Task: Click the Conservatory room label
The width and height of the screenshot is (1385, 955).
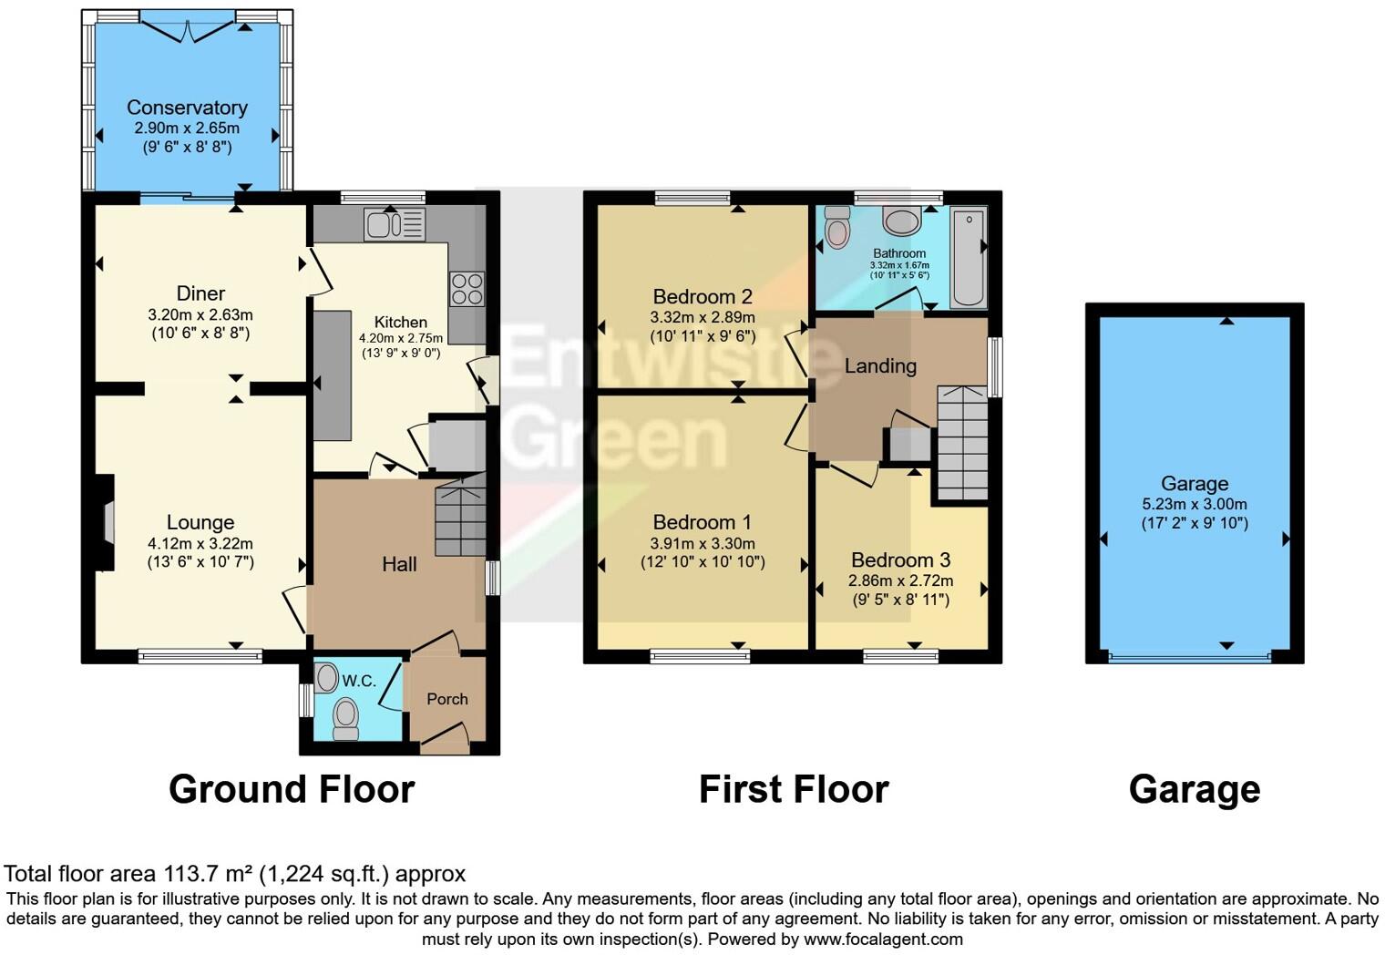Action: coord(187,108)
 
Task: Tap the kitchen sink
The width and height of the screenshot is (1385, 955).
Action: coord(395,224)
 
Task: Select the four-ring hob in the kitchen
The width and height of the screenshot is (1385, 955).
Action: coord(467,289)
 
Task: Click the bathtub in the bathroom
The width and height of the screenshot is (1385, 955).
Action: coord(968,257)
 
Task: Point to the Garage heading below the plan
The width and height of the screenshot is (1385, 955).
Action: coord(1194,789)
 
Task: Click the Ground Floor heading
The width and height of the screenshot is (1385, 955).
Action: coord(292,789)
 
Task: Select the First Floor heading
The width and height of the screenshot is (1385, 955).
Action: coord(793,789)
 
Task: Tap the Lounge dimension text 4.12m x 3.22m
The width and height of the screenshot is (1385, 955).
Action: coord(200,544)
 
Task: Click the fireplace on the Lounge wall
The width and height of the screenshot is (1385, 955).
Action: coord(108,523)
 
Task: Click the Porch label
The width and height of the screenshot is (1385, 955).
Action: coord(447,699)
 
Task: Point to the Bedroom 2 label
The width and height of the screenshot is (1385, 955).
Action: coord(702,297)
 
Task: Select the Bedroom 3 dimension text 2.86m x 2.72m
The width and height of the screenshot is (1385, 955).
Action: coord(900,580)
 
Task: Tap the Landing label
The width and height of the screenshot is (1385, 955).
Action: coord(880,366)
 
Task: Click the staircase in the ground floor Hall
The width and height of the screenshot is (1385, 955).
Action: coord(460,519)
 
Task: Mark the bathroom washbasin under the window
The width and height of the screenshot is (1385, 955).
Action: coord(902,221)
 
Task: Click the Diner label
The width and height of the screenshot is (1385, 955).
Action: coord(200,293)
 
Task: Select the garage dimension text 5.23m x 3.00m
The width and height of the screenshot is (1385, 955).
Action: coord(1194,504)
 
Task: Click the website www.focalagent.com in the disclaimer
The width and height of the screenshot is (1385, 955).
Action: coord(883,939)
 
